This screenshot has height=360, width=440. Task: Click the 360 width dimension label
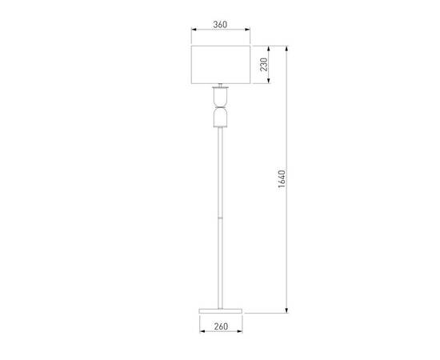219,25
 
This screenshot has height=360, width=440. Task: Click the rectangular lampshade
219,64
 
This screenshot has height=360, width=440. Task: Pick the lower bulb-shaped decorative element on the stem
219,119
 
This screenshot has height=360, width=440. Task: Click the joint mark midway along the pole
219,216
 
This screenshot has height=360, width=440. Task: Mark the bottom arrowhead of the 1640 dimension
287,310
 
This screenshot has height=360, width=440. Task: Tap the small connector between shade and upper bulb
219,86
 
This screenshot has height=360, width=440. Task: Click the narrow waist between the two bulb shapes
219,110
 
